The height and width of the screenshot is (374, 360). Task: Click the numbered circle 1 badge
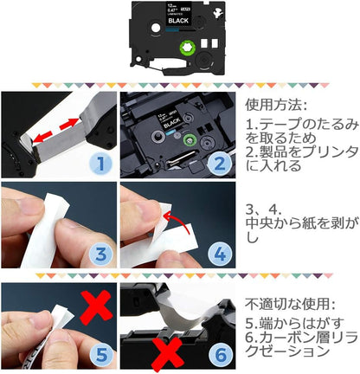pyautogui.click(x=102, y=162)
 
